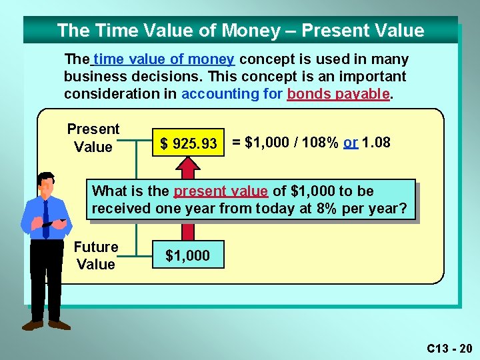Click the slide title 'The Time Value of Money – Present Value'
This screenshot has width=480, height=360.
point(240,31)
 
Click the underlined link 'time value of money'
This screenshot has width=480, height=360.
point(163,59)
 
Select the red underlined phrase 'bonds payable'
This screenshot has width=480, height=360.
point(338,94)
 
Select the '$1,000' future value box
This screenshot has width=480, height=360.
point(187,256)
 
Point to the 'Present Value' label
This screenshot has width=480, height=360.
point(93,138)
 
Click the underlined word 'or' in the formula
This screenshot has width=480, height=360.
point(351,143)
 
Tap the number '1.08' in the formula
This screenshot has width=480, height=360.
point(377,143)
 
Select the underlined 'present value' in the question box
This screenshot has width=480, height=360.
point(221,191)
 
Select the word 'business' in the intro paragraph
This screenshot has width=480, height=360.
point(90,77)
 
